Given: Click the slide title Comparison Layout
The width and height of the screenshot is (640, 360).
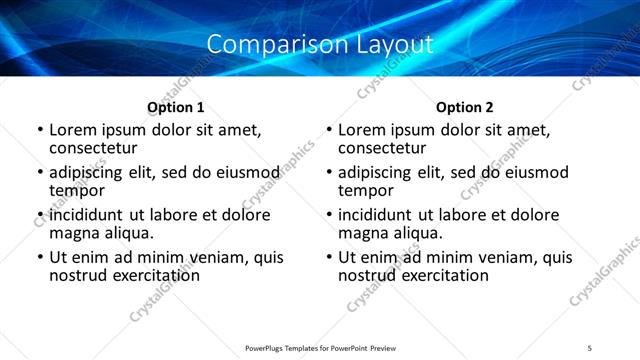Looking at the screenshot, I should coord(320,45).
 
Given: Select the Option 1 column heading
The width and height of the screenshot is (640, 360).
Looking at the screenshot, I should coord(176,107).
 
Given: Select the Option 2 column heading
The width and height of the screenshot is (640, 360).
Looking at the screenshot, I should coord(465,107).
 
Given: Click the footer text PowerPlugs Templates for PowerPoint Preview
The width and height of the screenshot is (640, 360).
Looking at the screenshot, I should coord(320,348).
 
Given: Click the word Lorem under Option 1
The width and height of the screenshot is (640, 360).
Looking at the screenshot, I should coord(73,130).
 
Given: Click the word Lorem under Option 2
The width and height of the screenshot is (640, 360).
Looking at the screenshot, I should coord(362,130).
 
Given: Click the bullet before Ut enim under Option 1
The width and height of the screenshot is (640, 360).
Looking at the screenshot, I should coord(39,258).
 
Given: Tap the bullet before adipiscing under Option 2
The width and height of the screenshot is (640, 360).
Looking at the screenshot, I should coord(328,173).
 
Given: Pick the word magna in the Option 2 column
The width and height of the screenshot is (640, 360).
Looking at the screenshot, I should coord(362,233).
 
